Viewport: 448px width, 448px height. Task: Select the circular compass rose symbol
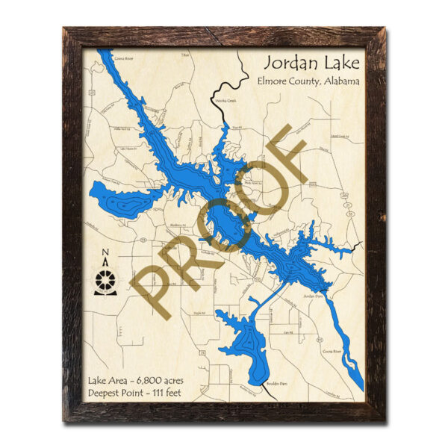tap(106, 281)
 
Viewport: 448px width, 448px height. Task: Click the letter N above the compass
tap(105, 252)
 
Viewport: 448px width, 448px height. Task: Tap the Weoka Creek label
tap(225, 99)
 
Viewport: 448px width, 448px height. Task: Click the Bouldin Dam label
tap(276, 385)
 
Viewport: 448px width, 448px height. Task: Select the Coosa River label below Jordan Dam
tap(332, 350)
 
